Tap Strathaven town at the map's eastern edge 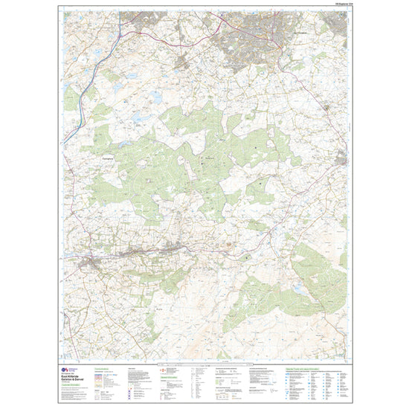pyautogui.click(x=341, y=158)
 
